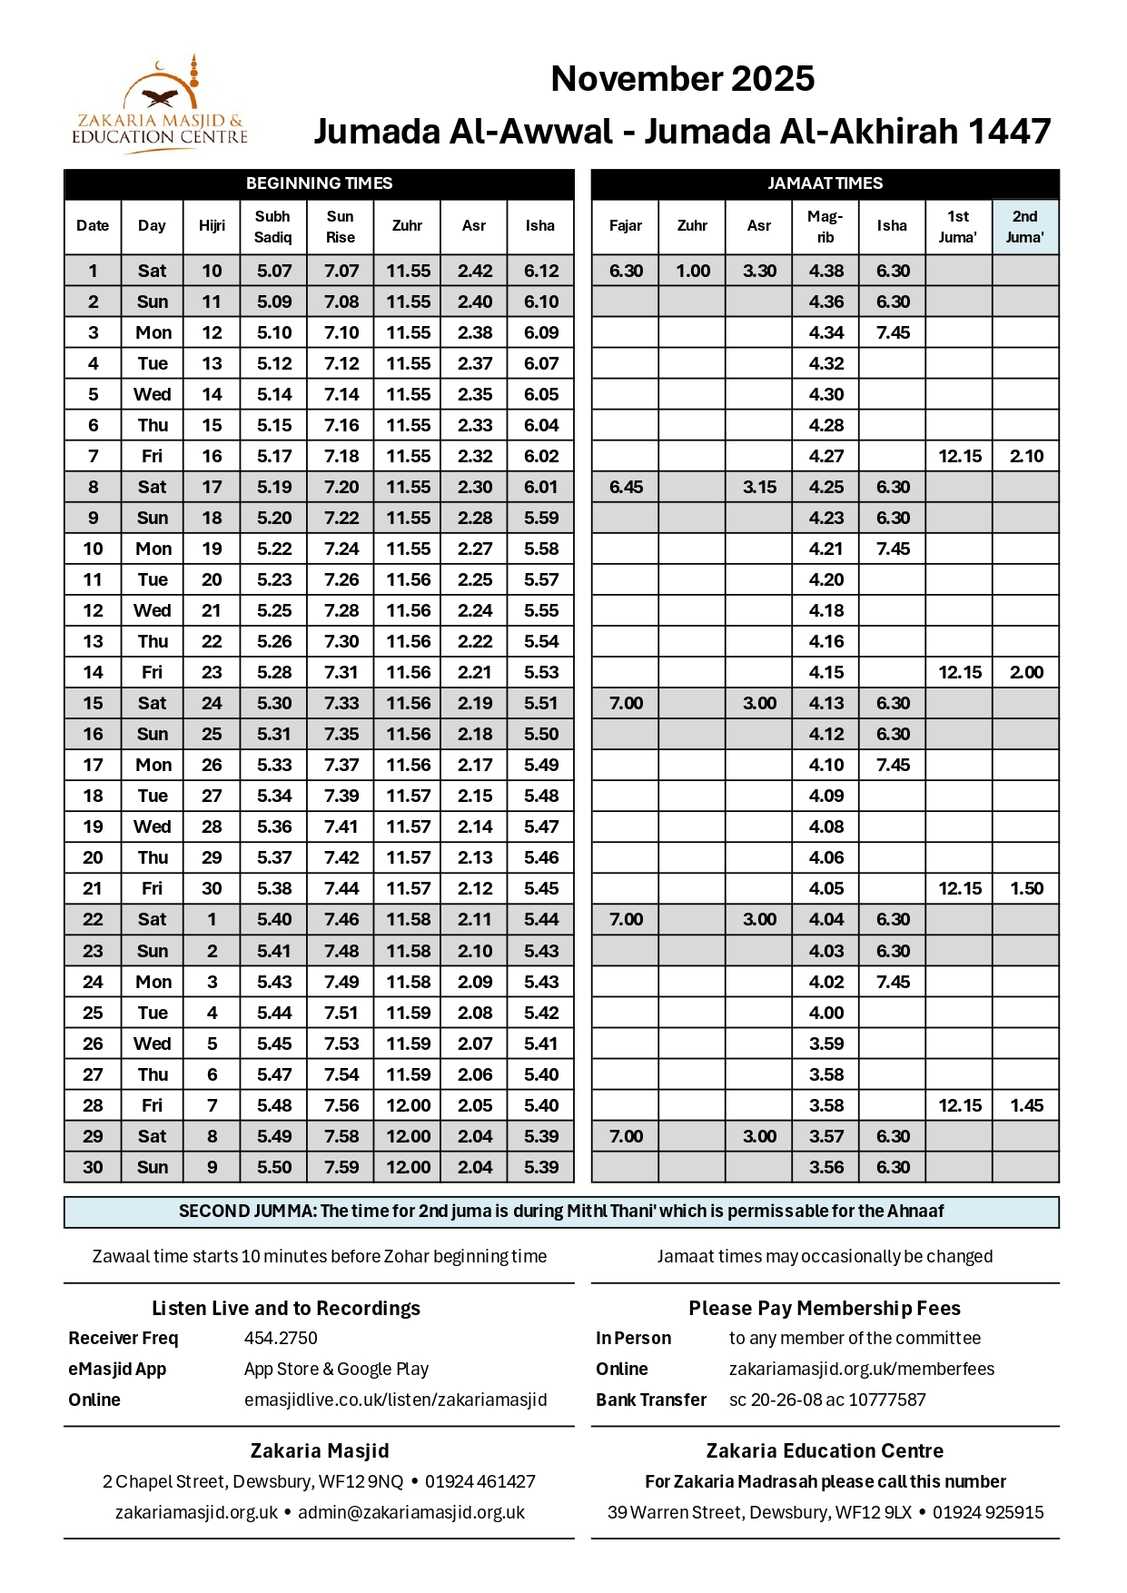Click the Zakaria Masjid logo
(160, 105)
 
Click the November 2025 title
(682, 79)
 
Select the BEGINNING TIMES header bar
(319, 183)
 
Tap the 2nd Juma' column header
(1024, 227)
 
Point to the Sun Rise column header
(341, 227)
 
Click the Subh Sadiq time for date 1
(274, 271)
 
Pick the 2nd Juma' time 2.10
(1026, 456)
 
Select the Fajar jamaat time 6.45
(626, 487)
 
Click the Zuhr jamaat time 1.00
(693, 271)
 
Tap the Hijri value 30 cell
(212, 888)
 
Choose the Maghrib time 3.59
(826, 1044)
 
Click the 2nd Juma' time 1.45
(1026, 1105)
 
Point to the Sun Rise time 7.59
(341, 1167)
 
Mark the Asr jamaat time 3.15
(759, 487)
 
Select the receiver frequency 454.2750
(281, 1338)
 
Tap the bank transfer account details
(826, 1400)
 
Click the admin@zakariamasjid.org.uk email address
(411, 1512)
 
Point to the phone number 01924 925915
(988, 1512)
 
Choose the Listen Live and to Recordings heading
(286, 1308)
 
